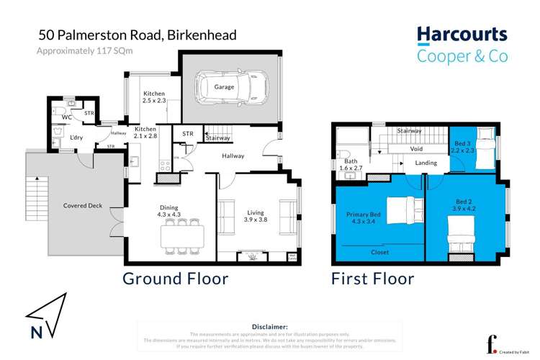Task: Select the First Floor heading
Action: coord(372,279)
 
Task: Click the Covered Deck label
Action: coord(83,206)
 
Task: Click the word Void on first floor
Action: coord(416,149)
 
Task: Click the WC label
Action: coord(66,117)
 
